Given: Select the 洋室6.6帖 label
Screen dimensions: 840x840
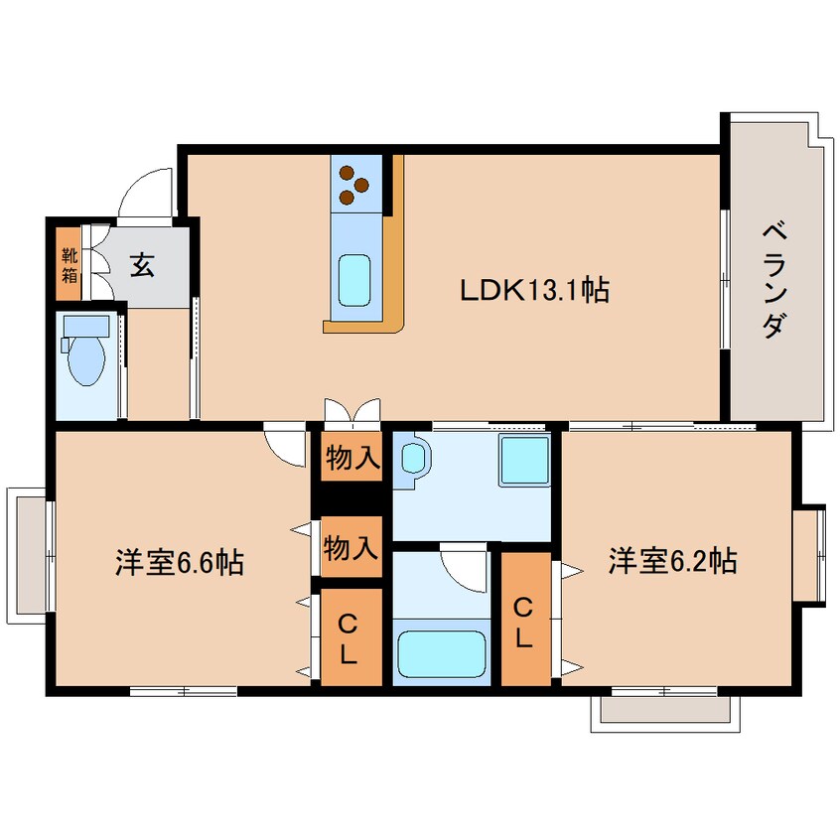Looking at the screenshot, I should pyautogui.click(x=180, y=563).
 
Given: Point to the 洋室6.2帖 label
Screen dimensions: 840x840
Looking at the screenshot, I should pyautogui.click(x=672, y=561).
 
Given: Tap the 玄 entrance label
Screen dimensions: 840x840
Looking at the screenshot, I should pyautogui.click(x=142, y=265).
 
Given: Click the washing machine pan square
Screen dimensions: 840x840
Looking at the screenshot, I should pyautogui.click(x=523, y=461).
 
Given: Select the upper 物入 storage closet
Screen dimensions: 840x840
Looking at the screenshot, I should pyautogui.click(x=351, y=458).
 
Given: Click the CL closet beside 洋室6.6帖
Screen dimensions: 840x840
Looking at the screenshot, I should pyautogui.click(x=350, y=637).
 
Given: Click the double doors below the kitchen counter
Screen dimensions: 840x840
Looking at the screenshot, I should pyautogui.click(x=351, y=411).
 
